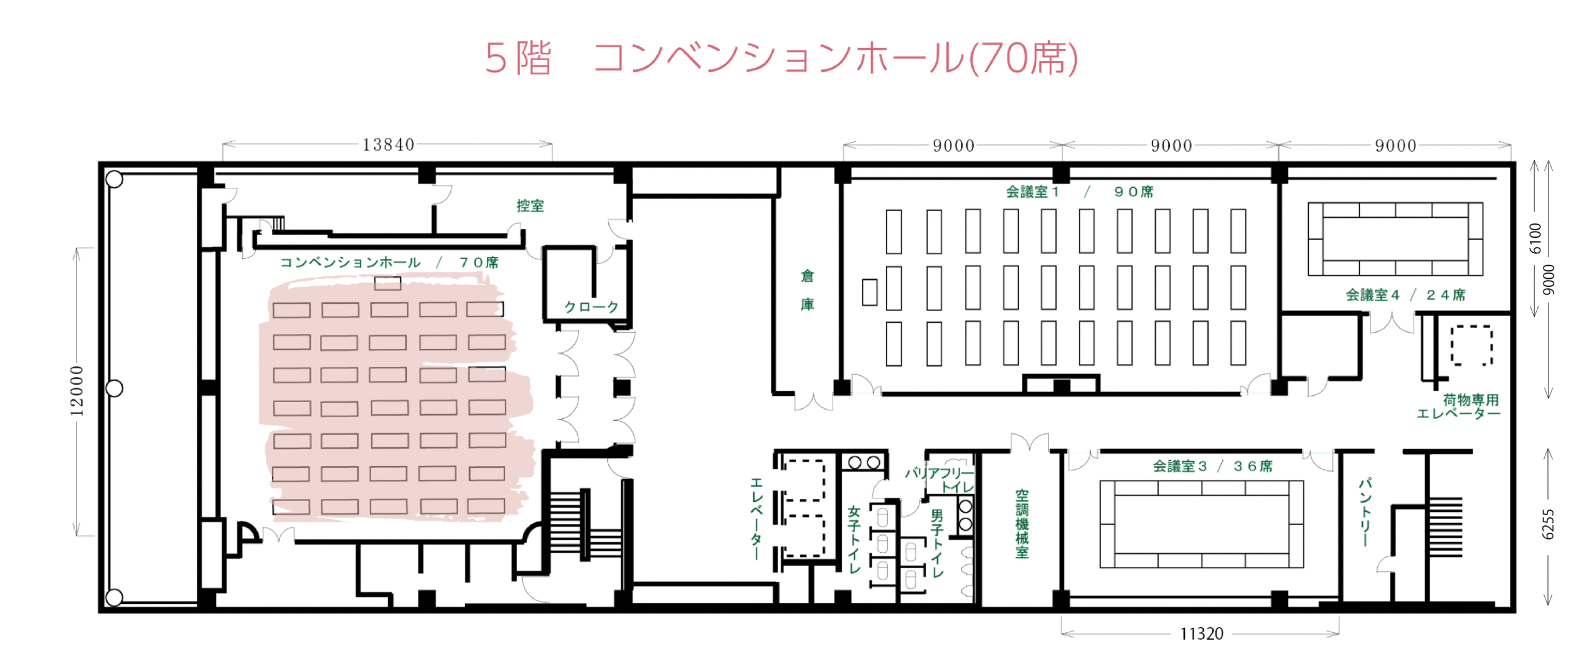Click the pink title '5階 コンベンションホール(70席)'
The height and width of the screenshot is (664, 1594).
[x=781, y=58]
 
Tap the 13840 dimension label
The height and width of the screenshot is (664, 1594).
[x=389, y=145]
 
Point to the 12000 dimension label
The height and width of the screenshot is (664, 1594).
[x=77, y=391]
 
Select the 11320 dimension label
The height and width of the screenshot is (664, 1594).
[x=1201, y=634]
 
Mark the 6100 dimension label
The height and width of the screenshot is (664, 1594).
[x=1535, y=238]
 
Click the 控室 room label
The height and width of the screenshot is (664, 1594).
[x=530, y=206]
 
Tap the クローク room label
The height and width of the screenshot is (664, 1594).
[x=591, y=307]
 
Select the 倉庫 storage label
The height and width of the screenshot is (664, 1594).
[x=807, y=290]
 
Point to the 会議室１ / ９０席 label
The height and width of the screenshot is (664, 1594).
[x=1080, y=192]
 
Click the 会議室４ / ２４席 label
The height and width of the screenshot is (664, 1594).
[x=1405, y=295]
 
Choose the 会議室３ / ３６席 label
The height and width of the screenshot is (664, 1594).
[x=1212, y=466]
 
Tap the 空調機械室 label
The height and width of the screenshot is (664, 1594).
[x=1022, y=524]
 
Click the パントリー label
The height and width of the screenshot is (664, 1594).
[x=1364, y=512]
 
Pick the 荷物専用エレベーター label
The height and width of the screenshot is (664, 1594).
[x=1458, y=407]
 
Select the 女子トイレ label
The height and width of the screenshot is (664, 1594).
[x=854, y=539]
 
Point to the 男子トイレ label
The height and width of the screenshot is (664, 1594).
[x=937, y=543]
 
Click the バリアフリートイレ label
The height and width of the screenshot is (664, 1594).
[x=940, y=480]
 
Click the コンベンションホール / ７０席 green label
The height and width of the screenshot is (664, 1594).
[x=389, y=263]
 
